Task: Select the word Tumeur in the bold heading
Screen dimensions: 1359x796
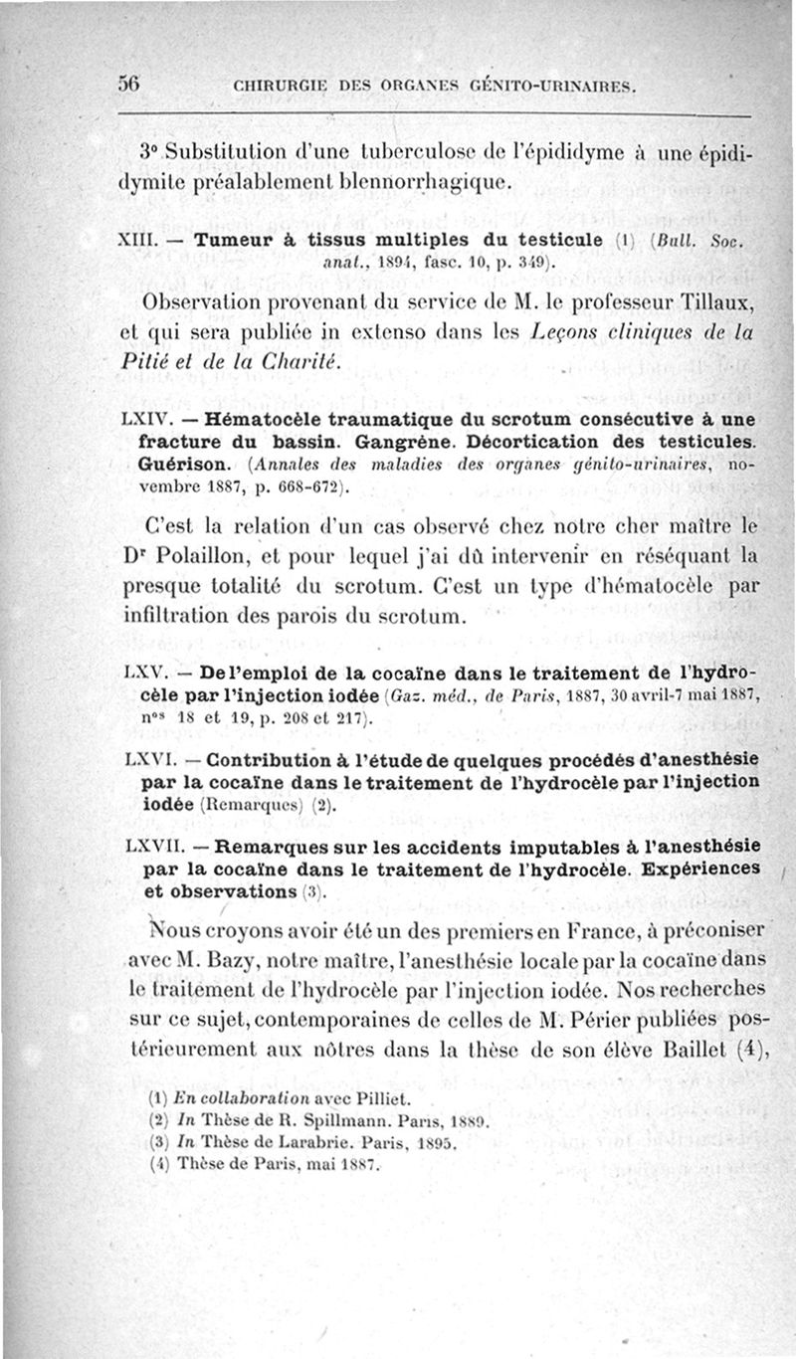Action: tap(232, 241)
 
